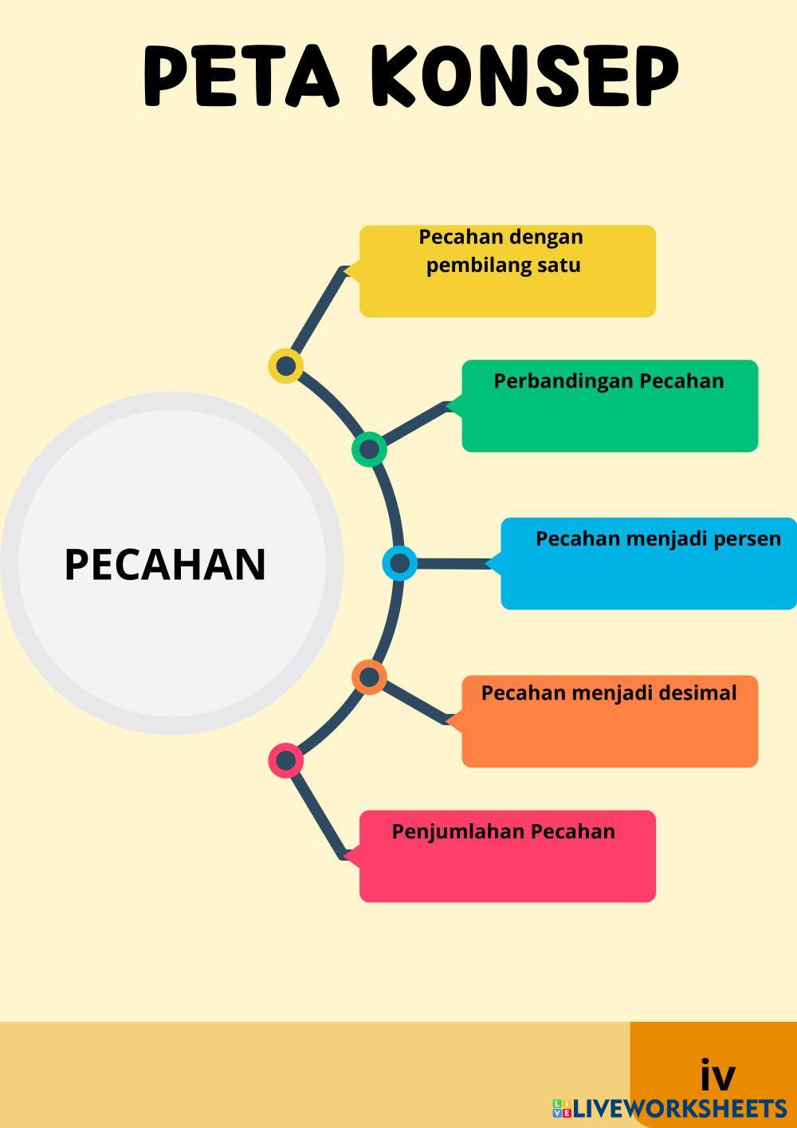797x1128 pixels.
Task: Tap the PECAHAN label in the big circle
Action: [165, 564]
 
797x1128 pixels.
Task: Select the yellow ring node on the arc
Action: [285, 366]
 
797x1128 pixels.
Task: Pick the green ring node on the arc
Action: [369, 449]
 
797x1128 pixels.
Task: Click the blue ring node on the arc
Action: [399, 563]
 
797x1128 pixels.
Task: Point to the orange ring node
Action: [369, 678]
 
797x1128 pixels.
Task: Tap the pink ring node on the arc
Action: [285, 760]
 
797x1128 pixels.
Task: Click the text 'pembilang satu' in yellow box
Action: [503, 265]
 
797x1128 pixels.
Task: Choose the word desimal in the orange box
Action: [699, 692]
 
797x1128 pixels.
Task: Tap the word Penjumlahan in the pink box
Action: [457, 831]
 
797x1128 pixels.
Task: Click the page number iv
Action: [717, 1075]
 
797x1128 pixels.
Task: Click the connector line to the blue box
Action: [450, 564]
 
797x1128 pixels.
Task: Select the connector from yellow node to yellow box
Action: [316, 315]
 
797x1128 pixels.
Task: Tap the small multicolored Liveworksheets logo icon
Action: [562, 1108]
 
